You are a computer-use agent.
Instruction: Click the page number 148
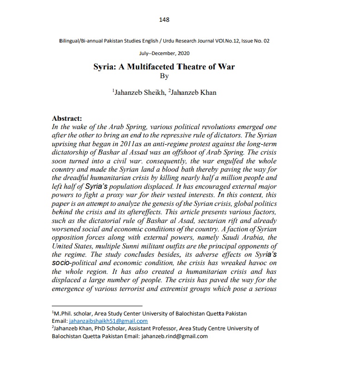(x=164, y=19)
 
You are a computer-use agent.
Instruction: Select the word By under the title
(x=164, y=76)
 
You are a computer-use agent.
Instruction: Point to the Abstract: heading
(x=67, y=118)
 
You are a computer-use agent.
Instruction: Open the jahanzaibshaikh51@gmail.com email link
(x=108, y=321)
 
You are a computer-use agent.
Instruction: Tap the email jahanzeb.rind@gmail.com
(x=174, y=336)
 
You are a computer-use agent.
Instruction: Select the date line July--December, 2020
(x=164, y=54)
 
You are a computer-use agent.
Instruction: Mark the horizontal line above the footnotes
(x=90, y=306)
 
